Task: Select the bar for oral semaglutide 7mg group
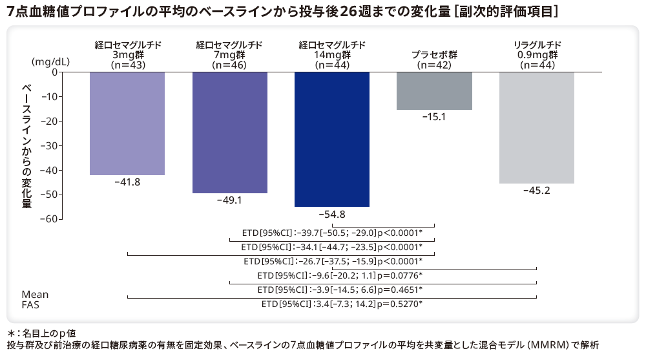click(x=230, y=132)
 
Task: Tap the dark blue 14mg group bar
click(x=332, y=139)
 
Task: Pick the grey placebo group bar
click(x=434, y=90)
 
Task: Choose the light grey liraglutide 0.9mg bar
click(x=536, y=127)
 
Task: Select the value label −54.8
click(x=332, y=214)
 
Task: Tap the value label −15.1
click(x=434, y=118)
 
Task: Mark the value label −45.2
click(x=536, y=191)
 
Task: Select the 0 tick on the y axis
click(x=54, y=72)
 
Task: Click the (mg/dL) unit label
click(x=50, y=61)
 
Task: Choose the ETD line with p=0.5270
click(x=342, y=304)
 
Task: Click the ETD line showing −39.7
click(x=332, y=233)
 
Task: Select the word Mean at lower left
click(x=35, y=295)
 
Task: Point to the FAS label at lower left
click(x=30, y=305)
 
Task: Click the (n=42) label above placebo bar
click(x=434, y=65)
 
